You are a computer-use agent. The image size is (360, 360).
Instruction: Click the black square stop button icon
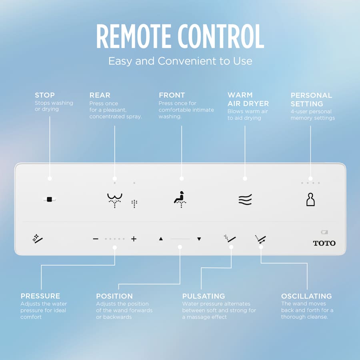tap(49, 199)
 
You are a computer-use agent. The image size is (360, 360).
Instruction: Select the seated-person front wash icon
tap(180, 199)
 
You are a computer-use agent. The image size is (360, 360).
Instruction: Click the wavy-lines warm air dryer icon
tap(245, 199)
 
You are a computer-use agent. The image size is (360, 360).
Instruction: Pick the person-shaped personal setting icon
tap(310, 199)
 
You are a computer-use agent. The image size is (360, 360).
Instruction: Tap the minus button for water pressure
tap(96, 239)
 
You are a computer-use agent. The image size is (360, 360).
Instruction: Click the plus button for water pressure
tap(134, 239)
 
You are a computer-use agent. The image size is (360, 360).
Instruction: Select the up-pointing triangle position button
tap(161, 239)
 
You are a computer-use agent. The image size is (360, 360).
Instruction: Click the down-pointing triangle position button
tap(199, 239)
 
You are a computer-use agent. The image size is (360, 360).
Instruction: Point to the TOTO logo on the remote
tap(324, 243)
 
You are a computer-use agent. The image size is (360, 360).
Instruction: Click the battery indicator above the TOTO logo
tap(324, 232)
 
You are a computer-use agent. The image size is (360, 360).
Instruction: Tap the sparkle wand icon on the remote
tap(38, 239)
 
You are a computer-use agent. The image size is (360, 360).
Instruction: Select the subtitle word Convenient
tap(187, 61)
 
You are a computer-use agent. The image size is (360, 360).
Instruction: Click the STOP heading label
tap(45, 95)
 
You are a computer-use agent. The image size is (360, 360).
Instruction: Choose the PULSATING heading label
tap(204, 296)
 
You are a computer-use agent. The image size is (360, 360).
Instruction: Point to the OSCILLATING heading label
tap(306, 296)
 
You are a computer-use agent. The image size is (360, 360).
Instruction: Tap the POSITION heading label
tap(114, 296)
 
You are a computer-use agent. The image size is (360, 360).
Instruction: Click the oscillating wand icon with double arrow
tap(260, 239)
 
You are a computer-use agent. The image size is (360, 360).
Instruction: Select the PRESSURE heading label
tap(40, 296)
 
